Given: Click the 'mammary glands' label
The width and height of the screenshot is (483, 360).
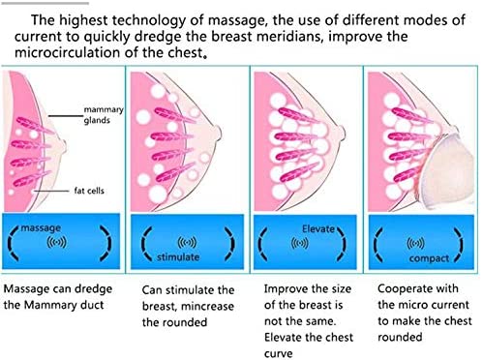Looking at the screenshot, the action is (x=104, y=115).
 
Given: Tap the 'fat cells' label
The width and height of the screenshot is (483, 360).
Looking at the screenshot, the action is (x=89, y=191).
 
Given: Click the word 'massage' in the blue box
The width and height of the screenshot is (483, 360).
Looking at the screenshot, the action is (x=41, y=228).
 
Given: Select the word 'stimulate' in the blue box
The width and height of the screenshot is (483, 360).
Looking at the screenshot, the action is (x=178, y=257).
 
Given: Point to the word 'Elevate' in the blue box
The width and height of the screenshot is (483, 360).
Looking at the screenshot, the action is (x=318, y=229).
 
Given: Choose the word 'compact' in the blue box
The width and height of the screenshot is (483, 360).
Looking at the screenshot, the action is (x=429, y=258).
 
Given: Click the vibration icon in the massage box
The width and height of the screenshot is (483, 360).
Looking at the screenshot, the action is (x=56, y=242).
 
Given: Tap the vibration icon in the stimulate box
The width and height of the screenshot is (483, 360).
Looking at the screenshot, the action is (x=187, y=243).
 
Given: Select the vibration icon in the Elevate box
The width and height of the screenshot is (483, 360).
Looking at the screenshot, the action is (x=299, y=243).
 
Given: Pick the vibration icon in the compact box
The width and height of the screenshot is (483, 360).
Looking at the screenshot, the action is (x=415, y=243).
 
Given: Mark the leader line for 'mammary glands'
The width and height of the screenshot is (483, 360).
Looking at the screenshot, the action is (x=66, y=115).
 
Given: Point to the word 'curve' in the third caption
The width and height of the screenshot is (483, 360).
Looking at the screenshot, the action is (x=278, y=353).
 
